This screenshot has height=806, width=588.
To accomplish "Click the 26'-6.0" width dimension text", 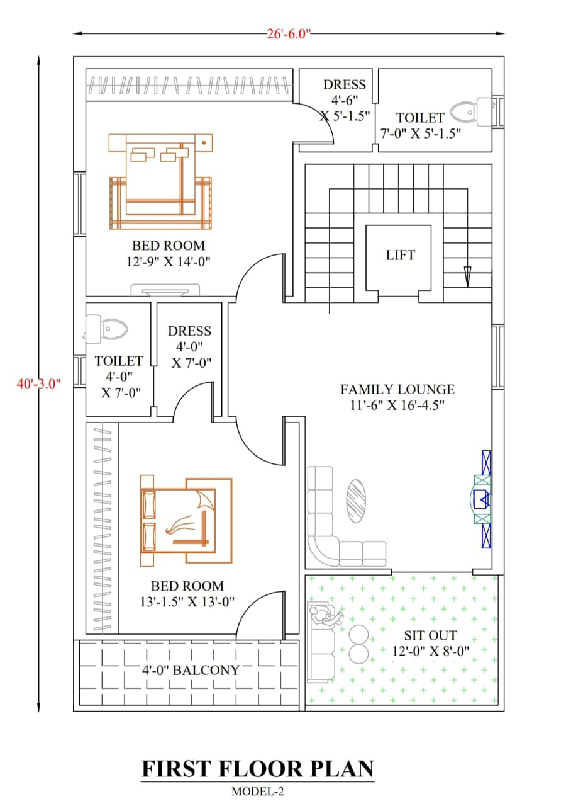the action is [288, 34].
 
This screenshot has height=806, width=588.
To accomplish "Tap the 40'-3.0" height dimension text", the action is [38, 383].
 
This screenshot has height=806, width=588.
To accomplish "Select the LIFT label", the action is [401, 255].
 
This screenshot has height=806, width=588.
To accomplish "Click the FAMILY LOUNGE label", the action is [397, 389].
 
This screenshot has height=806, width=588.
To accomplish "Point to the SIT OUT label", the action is [431, 635].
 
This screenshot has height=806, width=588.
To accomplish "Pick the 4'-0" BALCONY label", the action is [191, 670].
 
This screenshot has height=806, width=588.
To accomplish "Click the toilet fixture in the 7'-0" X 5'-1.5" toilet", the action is [471, 112].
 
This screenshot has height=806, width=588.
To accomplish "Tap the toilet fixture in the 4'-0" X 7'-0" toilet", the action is [106, 327].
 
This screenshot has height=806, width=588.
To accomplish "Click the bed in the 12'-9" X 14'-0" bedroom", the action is [160, 182].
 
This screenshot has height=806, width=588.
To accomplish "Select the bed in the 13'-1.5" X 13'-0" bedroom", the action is [186, 521].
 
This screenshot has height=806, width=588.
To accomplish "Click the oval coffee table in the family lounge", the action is [356, 501].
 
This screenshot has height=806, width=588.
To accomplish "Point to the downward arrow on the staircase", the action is [467, 277].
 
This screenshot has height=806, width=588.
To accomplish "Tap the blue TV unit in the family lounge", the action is [484, 499].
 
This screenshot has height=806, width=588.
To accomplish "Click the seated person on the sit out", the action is [326, 616].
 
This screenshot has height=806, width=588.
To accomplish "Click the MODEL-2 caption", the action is [257, 792].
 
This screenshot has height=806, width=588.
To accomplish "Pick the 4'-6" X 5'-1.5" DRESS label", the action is [345, 100].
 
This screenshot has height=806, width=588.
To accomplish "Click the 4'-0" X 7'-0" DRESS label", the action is [190, 347].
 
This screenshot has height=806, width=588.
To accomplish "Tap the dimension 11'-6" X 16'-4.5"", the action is [397, 406].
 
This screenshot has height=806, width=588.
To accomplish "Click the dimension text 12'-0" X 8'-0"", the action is [431, 651].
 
